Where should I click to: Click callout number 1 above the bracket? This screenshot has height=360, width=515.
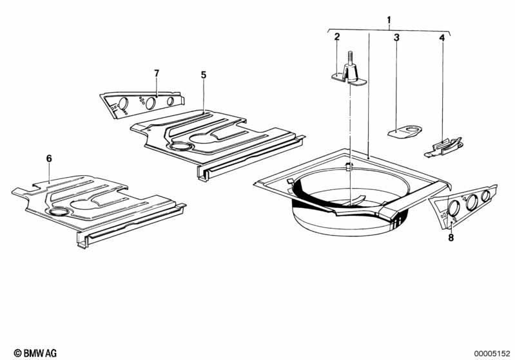coord(389,21)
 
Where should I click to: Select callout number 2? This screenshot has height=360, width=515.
coord(337,37)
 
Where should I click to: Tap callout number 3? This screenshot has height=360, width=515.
coord(397,37)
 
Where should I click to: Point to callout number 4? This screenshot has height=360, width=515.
coord(442,38)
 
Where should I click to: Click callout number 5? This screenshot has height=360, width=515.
coord(204,75)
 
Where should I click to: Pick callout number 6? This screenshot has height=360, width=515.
coord(49,159)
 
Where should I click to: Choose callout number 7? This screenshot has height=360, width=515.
coord(157,73)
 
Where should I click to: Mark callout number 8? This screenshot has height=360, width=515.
coord(451,237)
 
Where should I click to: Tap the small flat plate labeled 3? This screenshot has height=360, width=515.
coord(405,132)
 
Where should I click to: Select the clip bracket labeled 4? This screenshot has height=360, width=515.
coord(443,146)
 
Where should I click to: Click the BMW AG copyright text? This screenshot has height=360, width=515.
coord(35,353)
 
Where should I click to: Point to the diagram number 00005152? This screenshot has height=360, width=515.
coord(492,354)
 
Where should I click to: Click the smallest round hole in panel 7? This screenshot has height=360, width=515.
coord(170,101)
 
